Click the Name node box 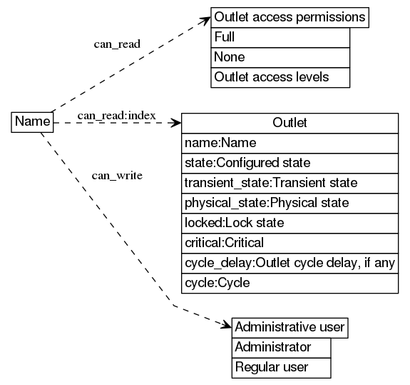pos(33,122)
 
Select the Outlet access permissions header pos(289,17)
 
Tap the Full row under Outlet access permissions pos(280,37)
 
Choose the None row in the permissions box pos(280,57)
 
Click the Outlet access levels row pos(280,77)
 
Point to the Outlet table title pos(289,123)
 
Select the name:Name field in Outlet pos(289,143)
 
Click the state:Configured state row pos(289,163)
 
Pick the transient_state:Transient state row pos(289,183)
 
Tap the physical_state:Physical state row pos(289,203)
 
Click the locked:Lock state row pos(289,223)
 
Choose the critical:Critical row pos(289,243)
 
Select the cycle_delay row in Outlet pos(289,263)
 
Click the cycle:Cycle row pos(289,283)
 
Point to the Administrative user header pos(289,328)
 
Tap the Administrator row pos(282,348)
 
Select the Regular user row pos(282,368)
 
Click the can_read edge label pos(117,44)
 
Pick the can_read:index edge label pos(117,115)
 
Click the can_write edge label pos(118,175)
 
